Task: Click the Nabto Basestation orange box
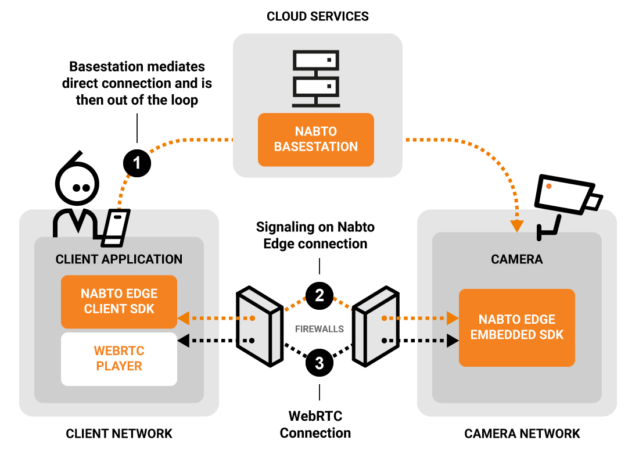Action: (315, 139)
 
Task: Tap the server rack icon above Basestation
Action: (315, 78)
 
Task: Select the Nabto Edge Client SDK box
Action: (119, 302)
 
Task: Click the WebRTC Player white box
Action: (119, 359)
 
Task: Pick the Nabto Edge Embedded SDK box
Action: (516, 327)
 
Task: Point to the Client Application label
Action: (119, 259)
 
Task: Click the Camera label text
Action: (516, 259)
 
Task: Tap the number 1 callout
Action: (137, 163)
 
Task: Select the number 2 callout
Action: (319, 295)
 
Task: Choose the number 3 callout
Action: (319, 364)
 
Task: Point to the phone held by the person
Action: (116, 227)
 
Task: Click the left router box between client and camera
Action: (260, 325)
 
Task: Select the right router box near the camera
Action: (376, 325)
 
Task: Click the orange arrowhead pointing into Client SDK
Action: (184, 318)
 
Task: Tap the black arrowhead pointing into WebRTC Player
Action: (184, 341)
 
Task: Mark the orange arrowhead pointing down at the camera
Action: (516, 226)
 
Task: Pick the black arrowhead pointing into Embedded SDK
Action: (453, 341)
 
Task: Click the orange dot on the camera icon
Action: (548, 187)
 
